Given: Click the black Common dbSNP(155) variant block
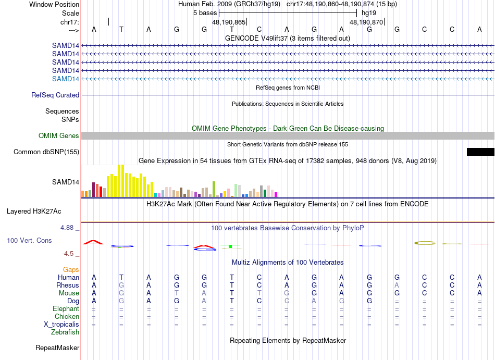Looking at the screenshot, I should coord(480,152).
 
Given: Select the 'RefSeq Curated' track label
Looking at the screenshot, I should coord(55,95).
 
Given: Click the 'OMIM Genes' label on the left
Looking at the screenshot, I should coord(59,136).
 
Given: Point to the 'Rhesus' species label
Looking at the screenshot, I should coord(68,285).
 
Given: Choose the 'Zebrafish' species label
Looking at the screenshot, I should coord(65,332).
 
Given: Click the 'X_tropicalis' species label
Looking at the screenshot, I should coord(61,325).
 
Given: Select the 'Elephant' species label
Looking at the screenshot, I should coord(66,309).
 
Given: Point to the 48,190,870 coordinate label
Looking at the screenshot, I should coord(366,22).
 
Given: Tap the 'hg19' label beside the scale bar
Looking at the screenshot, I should coord(368,13).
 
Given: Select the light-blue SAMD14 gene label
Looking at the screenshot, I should coord(66,79).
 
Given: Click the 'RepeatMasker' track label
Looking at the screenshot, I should coord(57,347).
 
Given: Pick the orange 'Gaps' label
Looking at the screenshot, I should coord(71,270).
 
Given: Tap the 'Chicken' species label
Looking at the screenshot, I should coord(67,317).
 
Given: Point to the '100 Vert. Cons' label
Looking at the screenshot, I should coord(29,241).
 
